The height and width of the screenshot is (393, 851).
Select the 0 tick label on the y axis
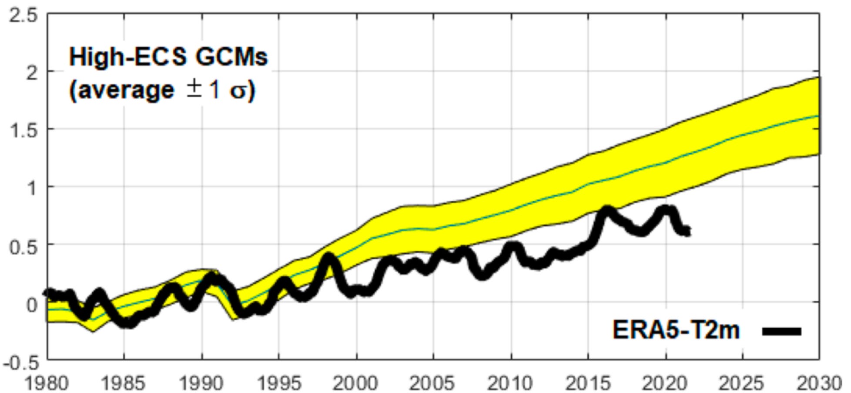(31, 304)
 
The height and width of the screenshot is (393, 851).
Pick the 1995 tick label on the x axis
(278, 383)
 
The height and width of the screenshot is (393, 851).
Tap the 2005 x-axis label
(433, 383)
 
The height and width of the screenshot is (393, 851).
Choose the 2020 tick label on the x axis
(665, 383)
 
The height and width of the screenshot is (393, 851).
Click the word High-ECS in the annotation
(128, 57)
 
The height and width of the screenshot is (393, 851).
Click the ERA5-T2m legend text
(676, 330)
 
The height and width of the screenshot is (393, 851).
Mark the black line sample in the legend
(781, 331)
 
